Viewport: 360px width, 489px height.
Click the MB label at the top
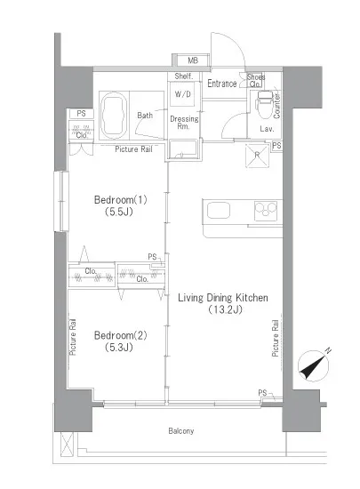(193, 60)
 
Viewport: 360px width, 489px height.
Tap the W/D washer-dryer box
(183, 93)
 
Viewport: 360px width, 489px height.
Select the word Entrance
(221, 84)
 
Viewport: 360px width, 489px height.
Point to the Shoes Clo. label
(256, 80)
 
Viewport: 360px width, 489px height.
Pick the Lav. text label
(265, 130)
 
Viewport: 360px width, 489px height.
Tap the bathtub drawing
(115, 111)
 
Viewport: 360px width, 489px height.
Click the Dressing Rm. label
(183, 123)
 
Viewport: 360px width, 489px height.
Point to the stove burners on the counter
(267, 212)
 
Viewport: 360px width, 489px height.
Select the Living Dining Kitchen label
(223, 297)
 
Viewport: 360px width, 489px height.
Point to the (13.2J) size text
(223, 310)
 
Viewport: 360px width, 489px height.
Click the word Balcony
(180, 431)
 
